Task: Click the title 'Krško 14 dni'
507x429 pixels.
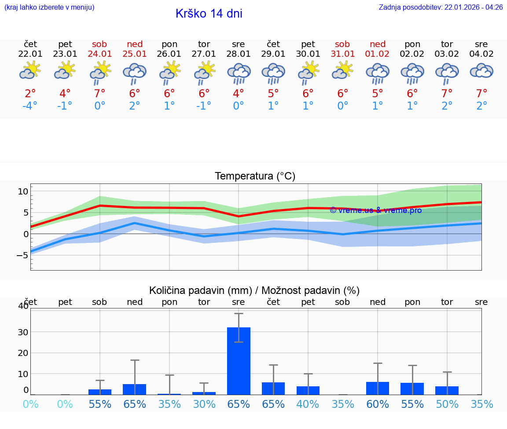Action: click(209, 14)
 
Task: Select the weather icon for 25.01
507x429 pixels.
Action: click(135, 73)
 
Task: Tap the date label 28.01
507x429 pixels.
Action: click(239, 54)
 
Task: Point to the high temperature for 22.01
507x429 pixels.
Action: click(30, 94)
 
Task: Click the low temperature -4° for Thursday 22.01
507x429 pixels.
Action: click(30, 106)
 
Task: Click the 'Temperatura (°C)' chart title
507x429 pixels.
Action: click(255, 176)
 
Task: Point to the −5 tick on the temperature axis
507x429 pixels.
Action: click(22, 255)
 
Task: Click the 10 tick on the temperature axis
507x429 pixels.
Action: click(23, 191)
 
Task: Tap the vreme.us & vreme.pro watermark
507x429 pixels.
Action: click(375, 210)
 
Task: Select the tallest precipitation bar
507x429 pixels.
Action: click(239, 361)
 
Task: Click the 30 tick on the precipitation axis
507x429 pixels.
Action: click(23, 332)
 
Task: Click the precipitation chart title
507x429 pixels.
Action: click(254, 290)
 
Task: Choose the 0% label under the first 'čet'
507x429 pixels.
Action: click(30, 404)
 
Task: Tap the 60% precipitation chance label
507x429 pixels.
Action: click(378, 404)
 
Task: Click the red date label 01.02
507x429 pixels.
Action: click(378, 54)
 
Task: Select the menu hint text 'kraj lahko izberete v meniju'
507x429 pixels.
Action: click(49, 7)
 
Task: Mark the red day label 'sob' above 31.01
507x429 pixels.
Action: click(342, 44)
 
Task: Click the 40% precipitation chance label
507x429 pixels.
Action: click(308, 404)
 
